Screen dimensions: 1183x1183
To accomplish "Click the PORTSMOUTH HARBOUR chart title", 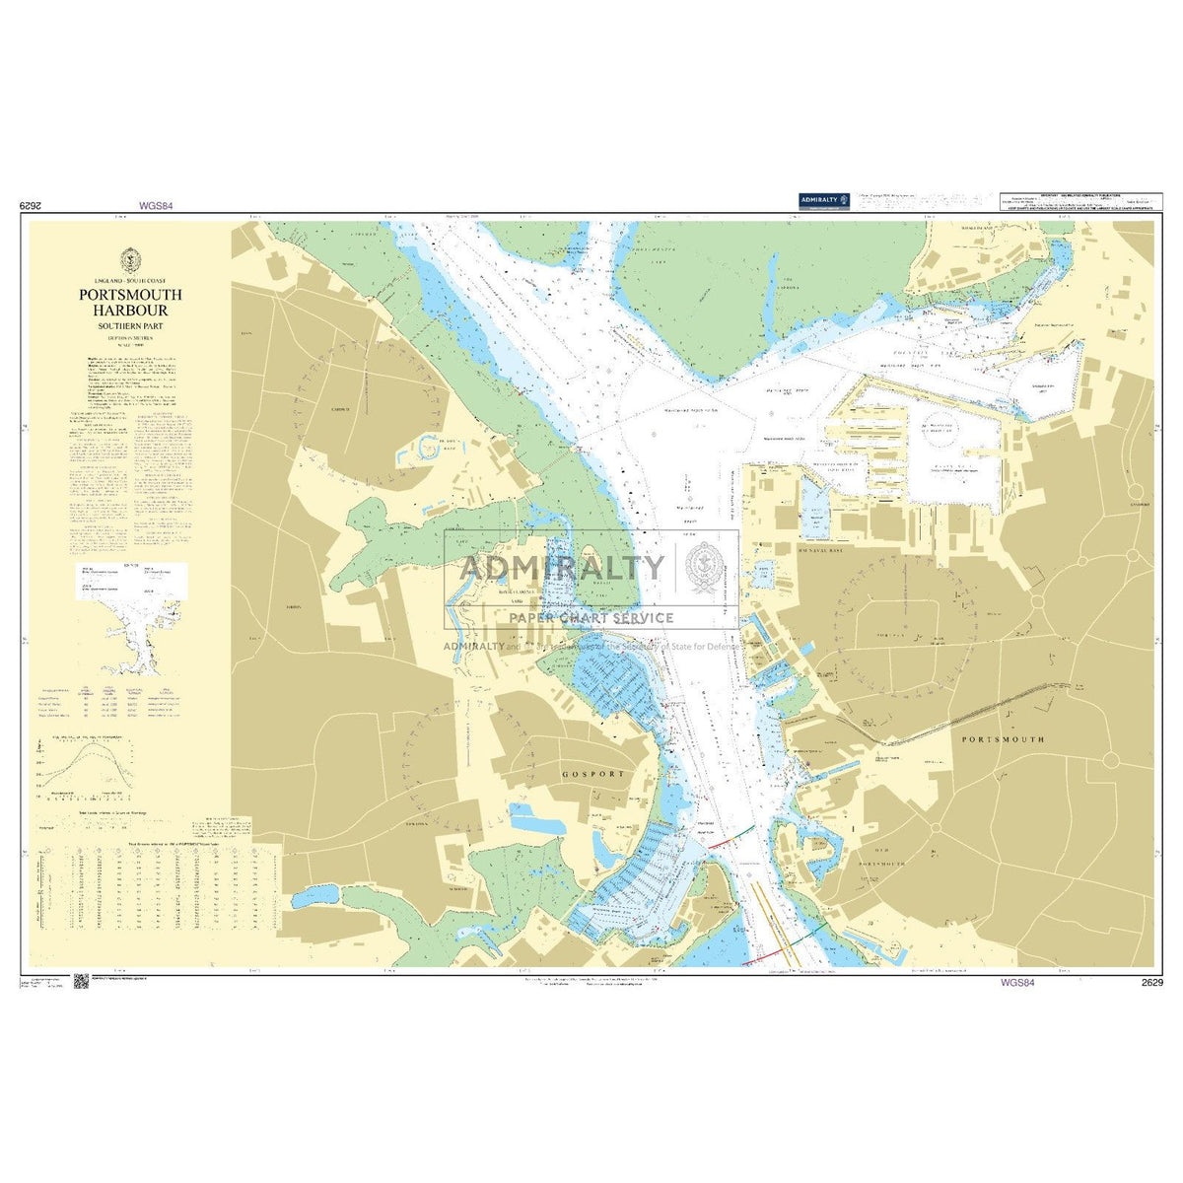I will point(131,303).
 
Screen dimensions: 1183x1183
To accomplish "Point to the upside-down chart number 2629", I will point(34,207).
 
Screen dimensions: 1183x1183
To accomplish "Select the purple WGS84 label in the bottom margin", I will point(1016,982).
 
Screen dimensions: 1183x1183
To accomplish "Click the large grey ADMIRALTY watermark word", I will point(562,568).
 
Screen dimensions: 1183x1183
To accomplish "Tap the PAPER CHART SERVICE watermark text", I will point(591,618).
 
